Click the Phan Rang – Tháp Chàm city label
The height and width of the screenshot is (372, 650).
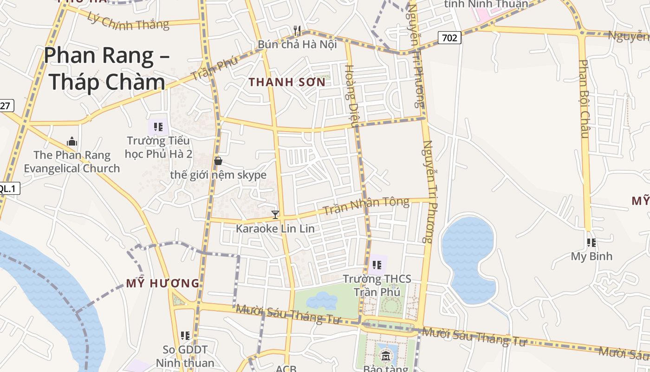point(107,69)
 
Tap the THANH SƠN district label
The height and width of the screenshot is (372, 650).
point(287,82)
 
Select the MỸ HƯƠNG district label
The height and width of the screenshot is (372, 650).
point(162,283)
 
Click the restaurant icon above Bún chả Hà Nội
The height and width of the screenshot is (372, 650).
point(298,31)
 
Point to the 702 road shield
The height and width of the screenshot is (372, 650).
point(449,38)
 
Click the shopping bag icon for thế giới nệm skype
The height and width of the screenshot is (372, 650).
point(218,161)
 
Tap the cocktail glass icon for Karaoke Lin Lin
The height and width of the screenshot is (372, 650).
point(275,215)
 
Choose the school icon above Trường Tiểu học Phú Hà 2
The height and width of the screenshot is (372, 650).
point(158,126)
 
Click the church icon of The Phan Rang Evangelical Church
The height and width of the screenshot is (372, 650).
point(72,141)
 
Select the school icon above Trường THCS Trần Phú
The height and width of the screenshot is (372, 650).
point(377,265)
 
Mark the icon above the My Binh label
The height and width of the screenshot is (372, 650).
point(591,242)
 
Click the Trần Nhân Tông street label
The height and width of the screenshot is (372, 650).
point(366,206)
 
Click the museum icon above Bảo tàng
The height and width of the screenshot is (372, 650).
point(385,357)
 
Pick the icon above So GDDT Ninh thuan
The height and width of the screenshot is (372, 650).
point(185,335)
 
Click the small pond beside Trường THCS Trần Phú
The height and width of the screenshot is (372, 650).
point(322,301)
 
